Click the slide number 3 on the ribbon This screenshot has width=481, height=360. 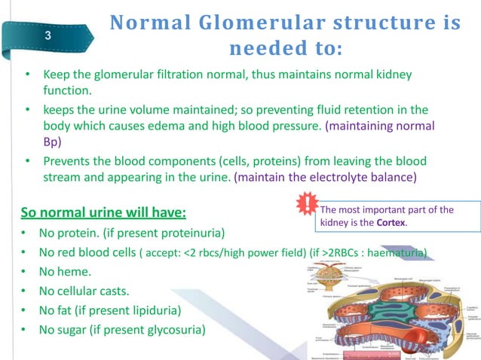point(48,36)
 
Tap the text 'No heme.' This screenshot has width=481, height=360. point(67,271)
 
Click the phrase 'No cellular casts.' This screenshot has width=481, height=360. point(90,291)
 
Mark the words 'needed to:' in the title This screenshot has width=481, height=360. point(284,49)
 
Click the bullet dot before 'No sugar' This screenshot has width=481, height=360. point(28,330)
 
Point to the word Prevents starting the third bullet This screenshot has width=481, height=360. point(69,161)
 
